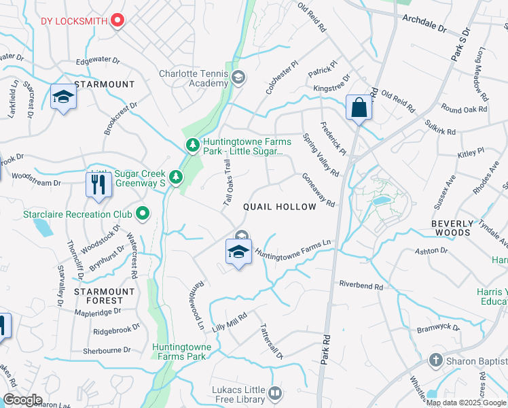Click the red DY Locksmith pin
click(117, 20)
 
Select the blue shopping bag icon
click(358, 107)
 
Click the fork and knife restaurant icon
click(99, 184)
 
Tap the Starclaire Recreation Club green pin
click(143, 214)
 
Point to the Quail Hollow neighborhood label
click(280, 207)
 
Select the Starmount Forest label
click(99, 296)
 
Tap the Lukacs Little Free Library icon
click(275, 392)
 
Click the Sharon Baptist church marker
click(436, 360)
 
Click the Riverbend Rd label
click(361, 286)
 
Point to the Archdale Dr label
click(424, 24)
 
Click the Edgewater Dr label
click(98, 61)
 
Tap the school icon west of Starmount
click(62, 98)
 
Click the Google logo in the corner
click(22, 400)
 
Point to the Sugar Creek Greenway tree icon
click(177, 177)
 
